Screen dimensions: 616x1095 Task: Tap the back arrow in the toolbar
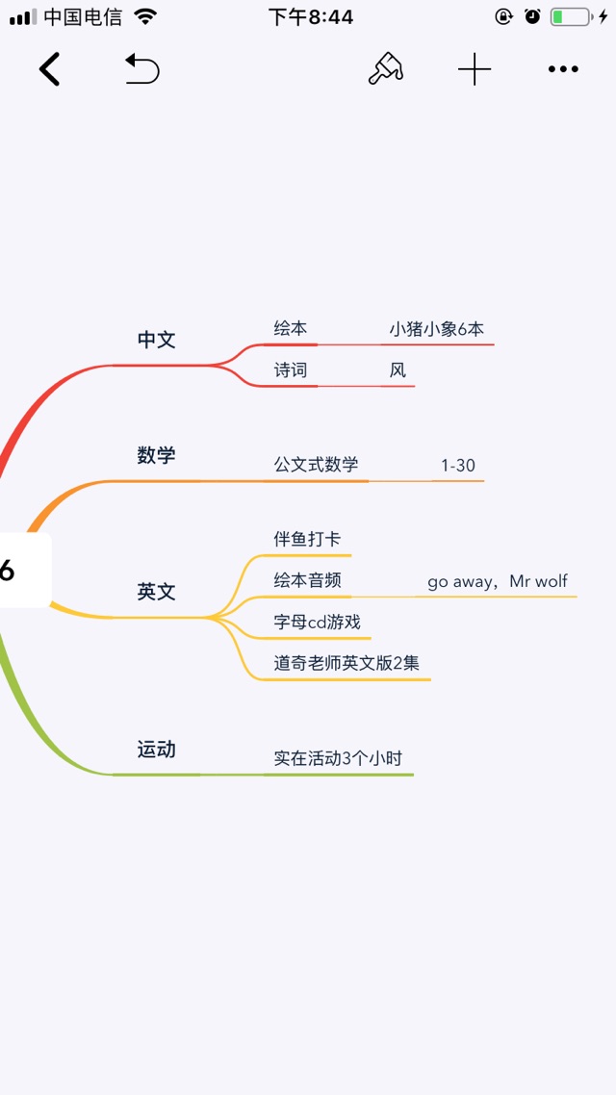click(49, 69)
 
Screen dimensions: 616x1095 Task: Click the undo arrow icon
click(142, 69)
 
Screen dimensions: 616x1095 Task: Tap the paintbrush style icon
click(386, 69)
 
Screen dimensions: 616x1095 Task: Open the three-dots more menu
click(563, 69)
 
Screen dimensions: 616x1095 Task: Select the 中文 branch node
click(157, 340)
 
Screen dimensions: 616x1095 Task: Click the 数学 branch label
click(157, 456)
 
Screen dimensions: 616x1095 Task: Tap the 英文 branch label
click(157, 592)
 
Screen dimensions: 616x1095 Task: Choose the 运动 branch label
click(157, 750)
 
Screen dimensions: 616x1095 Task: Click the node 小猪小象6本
click(437, 330)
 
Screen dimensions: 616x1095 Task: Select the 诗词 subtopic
click(291, 370)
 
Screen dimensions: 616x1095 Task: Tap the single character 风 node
click(398, 370)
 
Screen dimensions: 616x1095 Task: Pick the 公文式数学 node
click(317, 465)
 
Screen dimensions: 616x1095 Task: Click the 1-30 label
click(458, 465)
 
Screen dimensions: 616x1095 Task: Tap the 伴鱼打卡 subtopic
click(307, 539)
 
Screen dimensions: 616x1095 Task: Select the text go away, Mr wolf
click(498, 581)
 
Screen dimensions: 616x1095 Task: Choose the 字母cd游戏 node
click(317, 622)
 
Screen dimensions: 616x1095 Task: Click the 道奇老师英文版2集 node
click(346, 663)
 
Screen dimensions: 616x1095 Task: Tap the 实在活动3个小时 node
click(338, 758)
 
